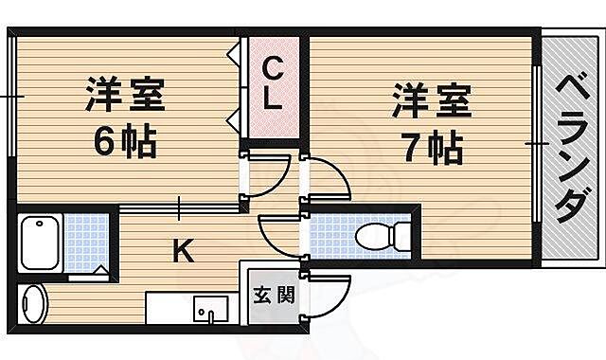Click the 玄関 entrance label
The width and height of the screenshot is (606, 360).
click(x=273, y=294)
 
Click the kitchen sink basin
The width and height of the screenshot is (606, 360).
click(x=209, y=309)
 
